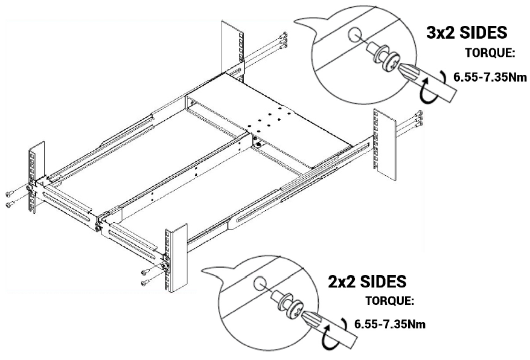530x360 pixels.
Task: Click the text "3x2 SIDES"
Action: point(466,33)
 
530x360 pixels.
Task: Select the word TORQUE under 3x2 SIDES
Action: point(490,53)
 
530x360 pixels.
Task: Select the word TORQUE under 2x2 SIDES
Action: point(391,300)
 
